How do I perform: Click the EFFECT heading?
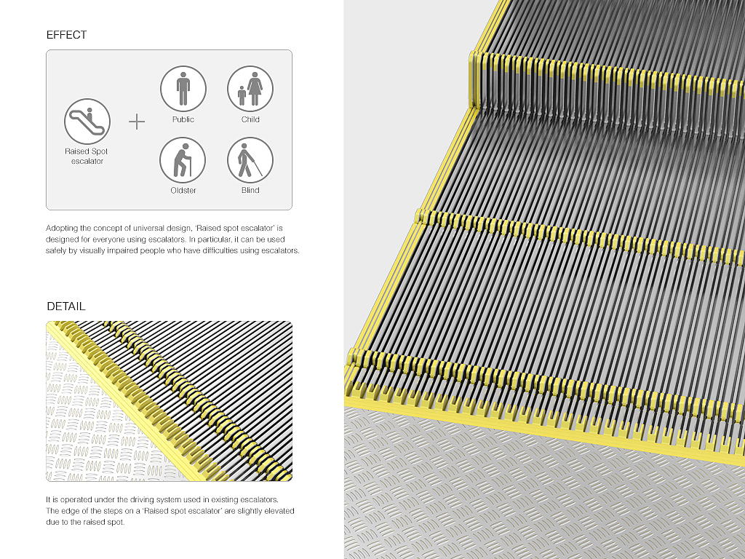[66, 35]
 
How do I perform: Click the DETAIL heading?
[66, 306]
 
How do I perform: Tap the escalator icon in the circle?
[87, 122]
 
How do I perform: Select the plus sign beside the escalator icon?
[137, 122]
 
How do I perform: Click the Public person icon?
[183, 88]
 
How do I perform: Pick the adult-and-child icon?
[250, 88]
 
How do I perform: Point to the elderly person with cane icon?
[183, 160]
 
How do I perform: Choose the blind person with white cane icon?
[250, 160]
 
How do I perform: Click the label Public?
[183, 119]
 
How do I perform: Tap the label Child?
[250, 119]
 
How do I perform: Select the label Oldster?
[183, 190]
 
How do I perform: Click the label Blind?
[250, 190]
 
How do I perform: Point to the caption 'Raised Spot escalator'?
[87, 156]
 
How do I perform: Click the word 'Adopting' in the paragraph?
[62, 229]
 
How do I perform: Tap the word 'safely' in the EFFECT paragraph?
[56, 250]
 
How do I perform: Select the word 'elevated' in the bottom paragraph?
[279, 511]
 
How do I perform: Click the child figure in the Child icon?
[242, 96]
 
